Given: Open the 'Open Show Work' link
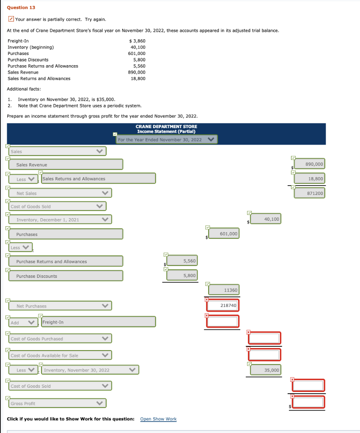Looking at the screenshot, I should (x=158, y=419).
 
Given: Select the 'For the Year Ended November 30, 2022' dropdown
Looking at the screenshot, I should (x=167, y=140).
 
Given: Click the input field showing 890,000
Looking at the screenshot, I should (x=308, y=164).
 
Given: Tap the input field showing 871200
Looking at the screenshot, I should (x=308, y=193).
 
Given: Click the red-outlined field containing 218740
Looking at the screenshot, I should (x=223, y=305).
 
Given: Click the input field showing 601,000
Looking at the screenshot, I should (x=223, y=234).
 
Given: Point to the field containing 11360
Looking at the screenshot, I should (x=223, y=290).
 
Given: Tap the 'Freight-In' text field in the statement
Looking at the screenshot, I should (x=98, y=322).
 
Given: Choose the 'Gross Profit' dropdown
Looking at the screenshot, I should (x=57, y=403).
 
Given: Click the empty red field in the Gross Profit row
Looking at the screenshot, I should (x=308, y=402).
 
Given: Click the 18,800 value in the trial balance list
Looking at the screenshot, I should (x=138, y=79).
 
